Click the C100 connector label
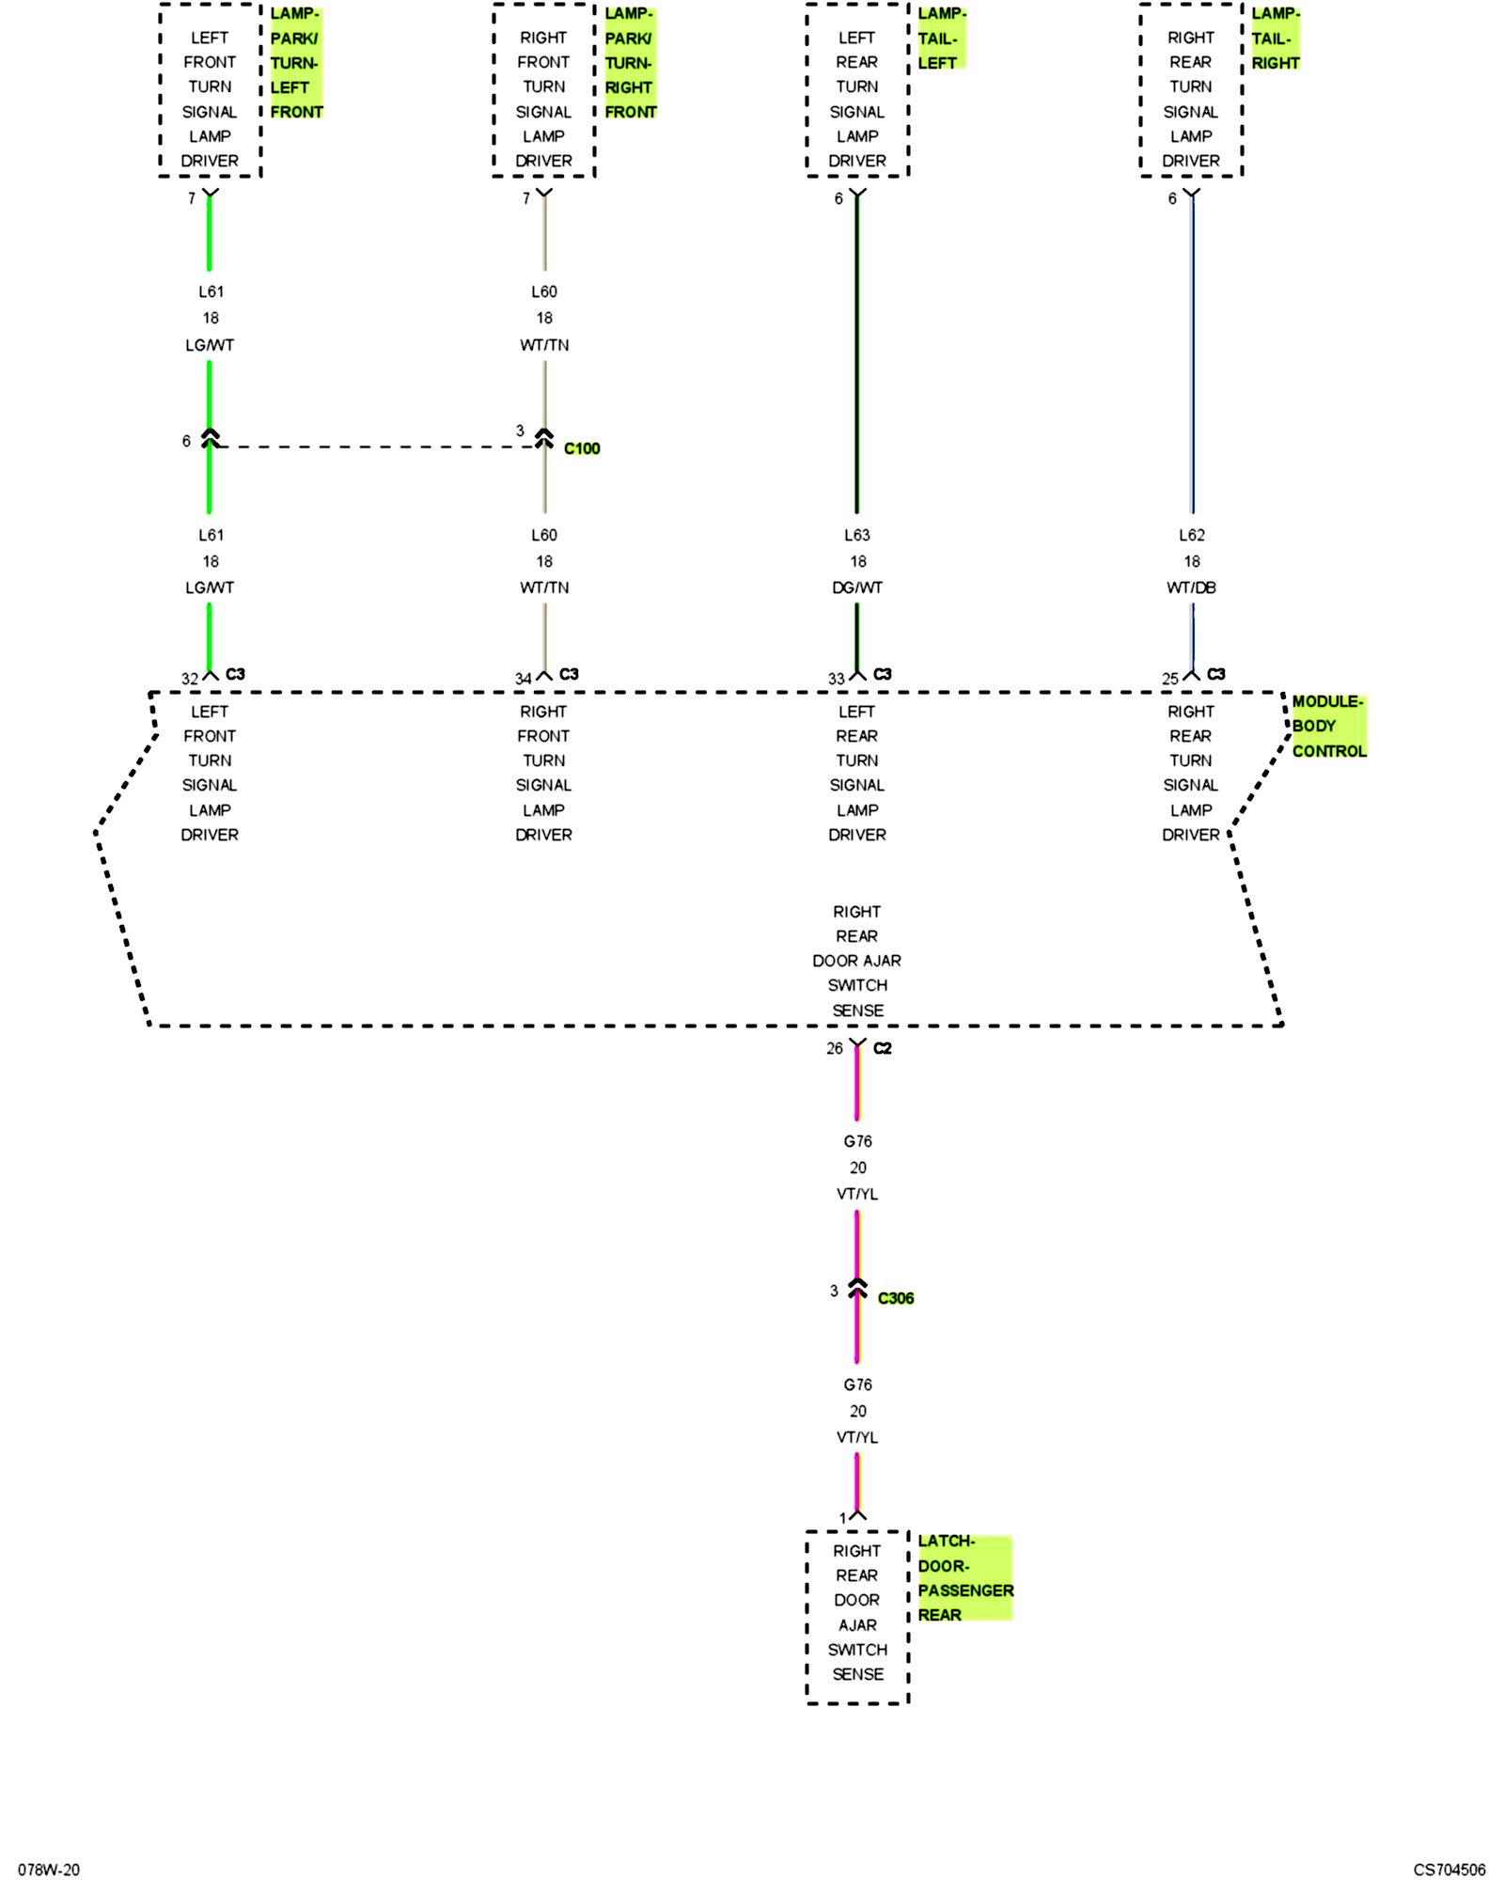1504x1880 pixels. coord(582,448)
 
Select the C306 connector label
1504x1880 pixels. coord(895,1298)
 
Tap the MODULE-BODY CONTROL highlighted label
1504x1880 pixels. coord(1327,726)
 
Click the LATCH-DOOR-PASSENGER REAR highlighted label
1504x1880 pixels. coord(963,1577)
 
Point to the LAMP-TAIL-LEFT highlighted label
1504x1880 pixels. coord(940,39)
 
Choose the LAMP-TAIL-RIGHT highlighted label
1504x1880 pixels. coord(1275,39)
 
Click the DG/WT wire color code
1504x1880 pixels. coord(857,587)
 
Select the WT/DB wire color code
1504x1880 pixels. coord(1191,587)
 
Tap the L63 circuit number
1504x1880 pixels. coord(857,535)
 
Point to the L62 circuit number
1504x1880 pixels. coord(1191,535)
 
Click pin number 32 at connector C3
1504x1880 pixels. coord(190,679)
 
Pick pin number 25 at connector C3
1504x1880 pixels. coord(1169,679)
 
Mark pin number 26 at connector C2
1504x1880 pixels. coord(835,1048)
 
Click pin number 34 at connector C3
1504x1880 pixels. coord(523,679)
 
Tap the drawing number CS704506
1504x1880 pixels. coord(1449,1870)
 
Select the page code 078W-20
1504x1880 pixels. coord(49,1870)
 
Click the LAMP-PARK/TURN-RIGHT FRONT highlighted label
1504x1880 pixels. coord(629,63)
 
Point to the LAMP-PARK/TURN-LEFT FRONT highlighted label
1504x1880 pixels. coord(295,63)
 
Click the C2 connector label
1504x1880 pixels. coord(882,1048)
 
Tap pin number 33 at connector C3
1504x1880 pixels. coord(836,679)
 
